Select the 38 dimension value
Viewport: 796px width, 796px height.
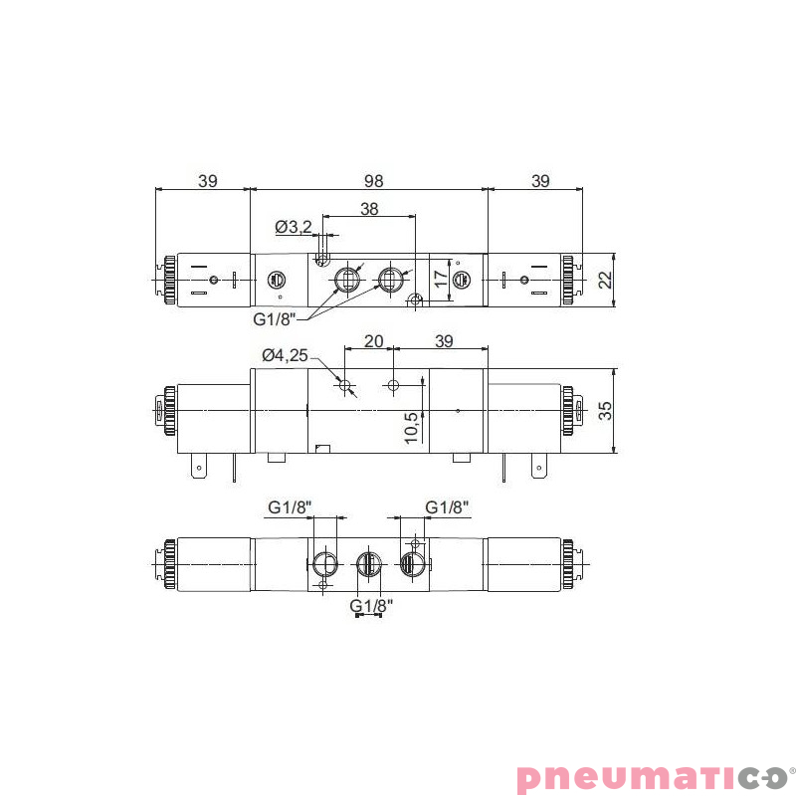[369, 209]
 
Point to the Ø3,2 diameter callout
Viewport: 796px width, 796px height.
[294, 227]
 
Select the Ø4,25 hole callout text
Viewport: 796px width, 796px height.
[286, 355]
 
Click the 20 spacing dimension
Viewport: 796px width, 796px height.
[373, 341]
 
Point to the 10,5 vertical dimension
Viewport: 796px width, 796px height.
[412, 426]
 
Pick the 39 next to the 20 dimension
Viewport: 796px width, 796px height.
[444, 341]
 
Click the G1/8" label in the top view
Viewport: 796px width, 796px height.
[275, 319]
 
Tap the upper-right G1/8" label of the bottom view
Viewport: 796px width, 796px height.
[447, 507]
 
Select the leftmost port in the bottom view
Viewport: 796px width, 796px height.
[324, 565]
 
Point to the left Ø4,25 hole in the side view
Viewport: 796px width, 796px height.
[344, 385]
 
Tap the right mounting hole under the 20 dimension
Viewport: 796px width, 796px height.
[394, 385]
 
